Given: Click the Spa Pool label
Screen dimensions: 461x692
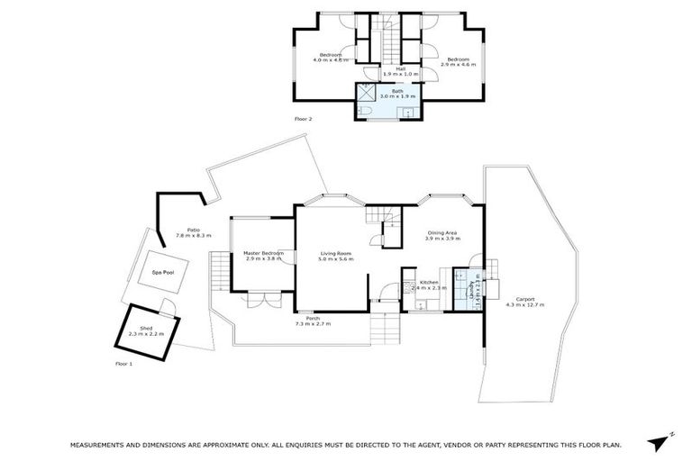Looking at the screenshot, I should [x=162, y=271].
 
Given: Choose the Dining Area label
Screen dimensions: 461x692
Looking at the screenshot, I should [x=443, y=234].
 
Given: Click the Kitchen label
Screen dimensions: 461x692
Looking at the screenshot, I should [x=429, y=283].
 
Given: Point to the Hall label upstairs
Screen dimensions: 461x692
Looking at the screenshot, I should [x=388, y=68].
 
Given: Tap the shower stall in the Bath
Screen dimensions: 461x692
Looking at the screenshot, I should [x=367, y=92].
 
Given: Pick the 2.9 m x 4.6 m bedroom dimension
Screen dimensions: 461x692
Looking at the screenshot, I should [x=457, y=65].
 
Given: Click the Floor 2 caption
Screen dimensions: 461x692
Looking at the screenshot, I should [x=303, y=119].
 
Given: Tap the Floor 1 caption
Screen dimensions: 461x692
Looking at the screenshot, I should [x=124, y=363].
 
